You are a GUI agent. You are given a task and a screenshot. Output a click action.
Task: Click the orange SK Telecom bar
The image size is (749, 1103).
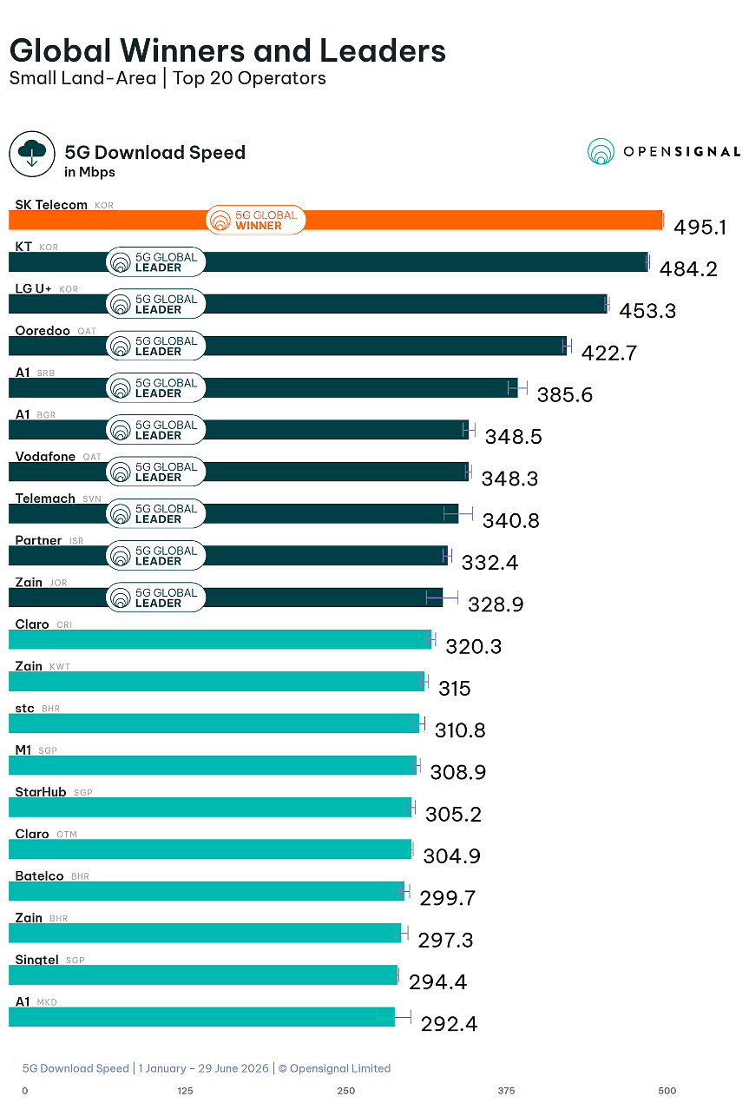click(x=336, y=220)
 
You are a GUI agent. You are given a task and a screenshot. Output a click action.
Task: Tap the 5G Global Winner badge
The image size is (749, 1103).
click(x=255, y=220)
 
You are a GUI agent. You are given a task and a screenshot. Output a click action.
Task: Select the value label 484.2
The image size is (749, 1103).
click(x=688, y=269)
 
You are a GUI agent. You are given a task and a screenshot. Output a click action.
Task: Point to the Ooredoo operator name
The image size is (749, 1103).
click(x=43, y=330)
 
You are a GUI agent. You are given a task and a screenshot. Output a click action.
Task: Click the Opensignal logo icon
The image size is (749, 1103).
click(x=601, y=151)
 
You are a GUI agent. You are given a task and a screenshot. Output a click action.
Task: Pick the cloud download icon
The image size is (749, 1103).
click(x=32, y=154)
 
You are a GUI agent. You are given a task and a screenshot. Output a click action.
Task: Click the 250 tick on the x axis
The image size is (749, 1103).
click(x=346, y=1091)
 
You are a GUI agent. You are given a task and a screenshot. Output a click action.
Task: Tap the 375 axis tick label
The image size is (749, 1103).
click(x=506, y=1091)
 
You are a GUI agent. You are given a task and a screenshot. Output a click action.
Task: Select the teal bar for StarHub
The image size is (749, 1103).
click(x=210, y=807)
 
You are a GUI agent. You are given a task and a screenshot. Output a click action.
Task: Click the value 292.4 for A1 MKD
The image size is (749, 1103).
click(x=449, y=1024)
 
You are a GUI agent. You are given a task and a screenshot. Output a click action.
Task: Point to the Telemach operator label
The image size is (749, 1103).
click(x=45, y=499)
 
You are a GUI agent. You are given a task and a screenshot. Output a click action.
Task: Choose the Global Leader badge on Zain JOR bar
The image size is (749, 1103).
click(x=155, y=598)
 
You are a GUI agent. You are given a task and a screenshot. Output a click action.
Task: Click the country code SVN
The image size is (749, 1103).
click(x=92, y=499)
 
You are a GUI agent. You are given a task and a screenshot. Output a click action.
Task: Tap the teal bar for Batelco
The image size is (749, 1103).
click(x=207, y=891)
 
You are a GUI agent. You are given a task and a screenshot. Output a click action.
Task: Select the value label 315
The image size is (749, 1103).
click(x=454, y=689)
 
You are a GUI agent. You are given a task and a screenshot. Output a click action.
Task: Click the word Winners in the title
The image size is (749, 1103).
click(x=182, y=50)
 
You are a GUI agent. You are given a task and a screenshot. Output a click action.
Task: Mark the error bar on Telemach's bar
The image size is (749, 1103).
click(x=458, y=513)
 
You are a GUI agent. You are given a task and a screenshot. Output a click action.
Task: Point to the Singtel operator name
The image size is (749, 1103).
click(x=37, y=960)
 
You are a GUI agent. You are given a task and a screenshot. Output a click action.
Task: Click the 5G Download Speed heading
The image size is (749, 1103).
click(x=155, y=153)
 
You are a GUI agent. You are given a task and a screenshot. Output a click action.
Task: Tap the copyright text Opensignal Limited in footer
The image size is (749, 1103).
click(x=340, y=1068)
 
